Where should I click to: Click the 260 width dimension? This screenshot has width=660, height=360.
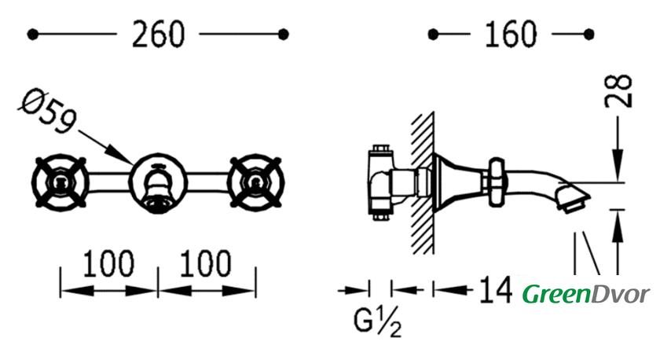tap(158, 34)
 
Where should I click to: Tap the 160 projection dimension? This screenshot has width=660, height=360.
tap(511, 34)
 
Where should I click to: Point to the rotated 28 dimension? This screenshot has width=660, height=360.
tap(618, 91)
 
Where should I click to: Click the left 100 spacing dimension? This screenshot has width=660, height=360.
tap(108, 263)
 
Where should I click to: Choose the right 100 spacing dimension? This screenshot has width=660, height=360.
tap(205, 263)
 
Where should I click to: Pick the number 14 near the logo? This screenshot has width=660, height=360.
tap(496, 290)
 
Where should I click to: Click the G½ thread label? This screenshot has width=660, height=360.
tap(377, 322)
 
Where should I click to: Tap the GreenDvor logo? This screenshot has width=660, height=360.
tap(586, 294)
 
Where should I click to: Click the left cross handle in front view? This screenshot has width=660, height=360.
tap(60, 182)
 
